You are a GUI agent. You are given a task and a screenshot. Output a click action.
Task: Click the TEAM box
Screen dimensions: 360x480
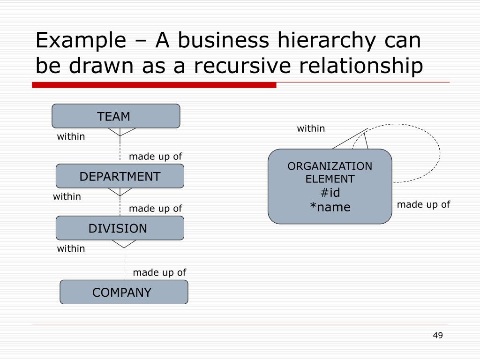(115, 116)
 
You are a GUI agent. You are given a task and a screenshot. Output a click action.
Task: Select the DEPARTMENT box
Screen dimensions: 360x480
(120, 176)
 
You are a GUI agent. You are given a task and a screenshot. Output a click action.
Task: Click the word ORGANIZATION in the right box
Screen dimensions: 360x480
(330, 166)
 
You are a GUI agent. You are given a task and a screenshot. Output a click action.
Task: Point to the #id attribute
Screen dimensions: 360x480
(330, 193)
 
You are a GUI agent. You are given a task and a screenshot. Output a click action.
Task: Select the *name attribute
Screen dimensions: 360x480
(330, 207)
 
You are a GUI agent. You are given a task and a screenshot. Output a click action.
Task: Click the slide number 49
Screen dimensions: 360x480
(438, 335)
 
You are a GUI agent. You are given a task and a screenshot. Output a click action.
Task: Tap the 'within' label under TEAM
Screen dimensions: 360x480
(71, 136)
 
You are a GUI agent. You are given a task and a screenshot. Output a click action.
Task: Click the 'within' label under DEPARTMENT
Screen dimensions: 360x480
(67, 196)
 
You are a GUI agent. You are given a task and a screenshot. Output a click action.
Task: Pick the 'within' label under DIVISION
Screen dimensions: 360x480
(71, 248)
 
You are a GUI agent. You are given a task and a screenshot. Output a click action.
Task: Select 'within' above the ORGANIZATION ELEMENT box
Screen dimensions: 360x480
(311, 128)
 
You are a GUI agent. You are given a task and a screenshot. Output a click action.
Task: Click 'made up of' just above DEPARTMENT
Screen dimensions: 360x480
(155, 157)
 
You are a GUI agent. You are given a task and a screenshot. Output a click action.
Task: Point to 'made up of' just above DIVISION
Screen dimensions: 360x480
(155, 209)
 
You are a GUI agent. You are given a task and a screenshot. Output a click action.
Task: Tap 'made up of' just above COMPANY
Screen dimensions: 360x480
(159, 272)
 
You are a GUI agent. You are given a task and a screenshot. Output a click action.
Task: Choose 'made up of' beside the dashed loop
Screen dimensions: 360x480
(423, 204)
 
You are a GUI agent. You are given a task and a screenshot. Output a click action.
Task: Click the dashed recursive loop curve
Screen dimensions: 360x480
(440, 151)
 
